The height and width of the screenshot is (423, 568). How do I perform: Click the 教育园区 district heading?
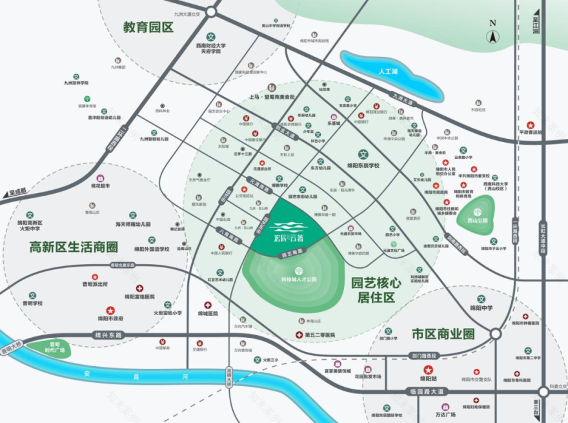click(149, 27)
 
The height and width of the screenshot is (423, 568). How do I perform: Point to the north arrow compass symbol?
click(493, 32)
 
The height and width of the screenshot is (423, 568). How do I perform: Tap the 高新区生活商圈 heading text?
click(74, 246)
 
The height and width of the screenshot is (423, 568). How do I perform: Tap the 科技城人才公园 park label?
click(298, 280)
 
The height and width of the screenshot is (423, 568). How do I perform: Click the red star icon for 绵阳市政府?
click(110, 309)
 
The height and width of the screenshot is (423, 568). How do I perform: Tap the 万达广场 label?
click(445, 413)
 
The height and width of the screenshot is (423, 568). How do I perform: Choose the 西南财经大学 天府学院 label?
click(210, 48)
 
